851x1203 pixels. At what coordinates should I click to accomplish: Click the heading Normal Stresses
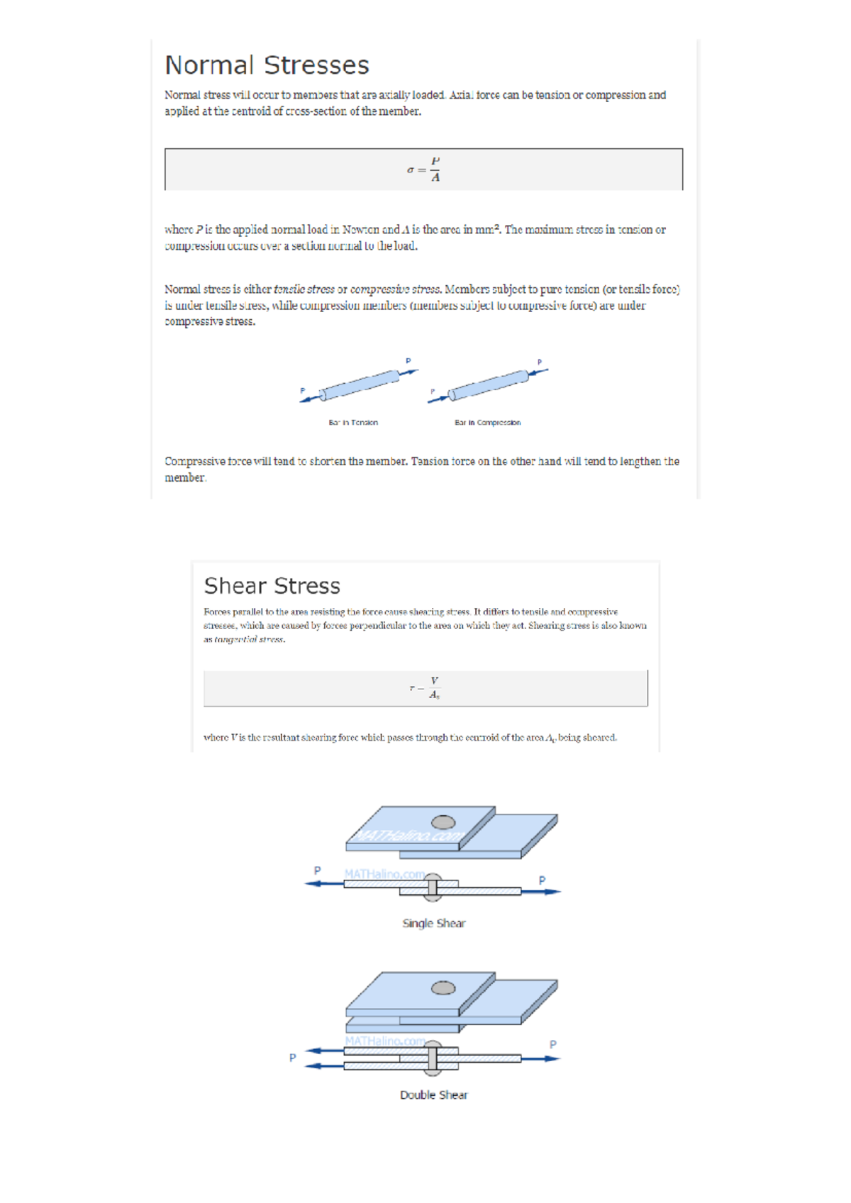click(267, 65)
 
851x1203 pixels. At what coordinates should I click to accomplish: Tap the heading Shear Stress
click(272, 586)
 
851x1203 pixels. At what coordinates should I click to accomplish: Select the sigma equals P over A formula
click(425, 170)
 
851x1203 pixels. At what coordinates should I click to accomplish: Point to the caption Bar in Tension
click(353, 423)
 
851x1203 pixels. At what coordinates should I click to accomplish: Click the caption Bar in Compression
click(488, 423)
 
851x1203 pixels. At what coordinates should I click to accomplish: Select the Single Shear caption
click(433, 924)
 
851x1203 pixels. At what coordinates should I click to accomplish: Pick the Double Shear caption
click(433, 1095)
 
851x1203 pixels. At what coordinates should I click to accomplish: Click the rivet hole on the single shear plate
click(443, 822)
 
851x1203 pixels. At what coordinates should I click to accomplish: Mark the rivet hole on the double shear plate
click(443, 988)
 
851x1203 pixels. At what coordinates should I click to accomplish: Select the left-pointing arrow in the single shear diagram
click(323, 884)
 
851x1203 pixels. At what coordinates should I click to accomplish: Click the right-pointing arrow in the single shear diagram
click(542, 892)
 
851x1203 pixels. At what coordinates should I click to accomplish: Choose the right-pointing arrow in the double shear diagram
click(542, 1059)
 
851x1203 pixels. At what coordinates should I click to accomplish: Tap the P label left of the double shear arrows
click(292, 1058)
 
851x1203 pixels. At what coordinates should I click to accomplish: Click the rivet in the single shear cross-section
click(433, 887)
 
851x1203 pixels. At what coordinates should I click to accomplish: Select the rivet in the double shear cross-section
click(433, 1058)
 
